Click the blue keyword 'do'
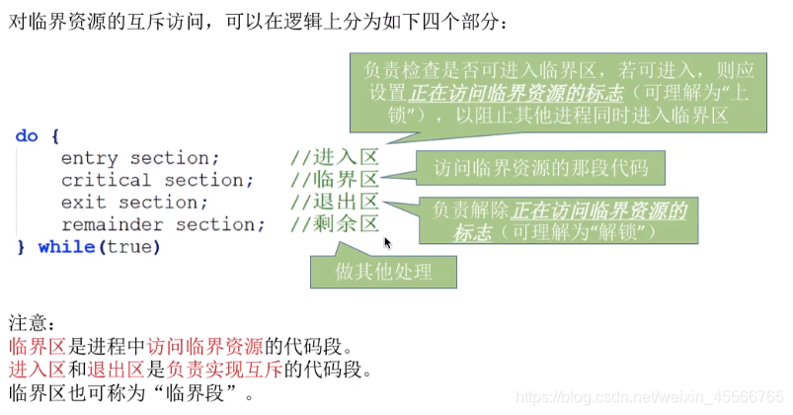point(27,136)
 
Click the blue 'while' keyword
point(65,247)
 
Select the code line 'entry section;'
point(140,158)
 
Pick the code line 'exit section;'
point(134,203)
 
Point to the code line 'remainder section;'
point(162,224)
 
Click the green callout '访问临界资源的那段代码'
point(540,169)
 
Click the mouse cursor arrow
point(387,242)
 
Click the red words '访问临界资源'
point(204,347)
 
